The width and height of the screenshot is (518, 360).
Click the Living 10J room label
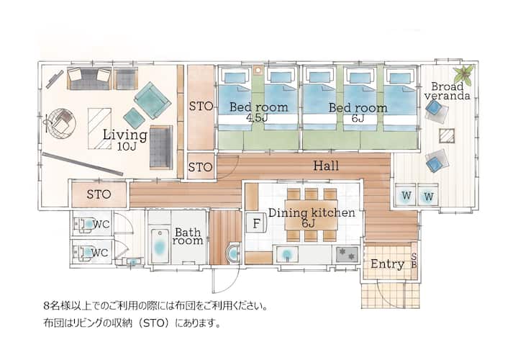(125, 140)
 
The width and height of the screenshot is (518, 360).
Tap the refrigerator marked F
(256, 223)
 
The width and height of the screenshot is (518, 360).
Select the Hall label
(326, 166)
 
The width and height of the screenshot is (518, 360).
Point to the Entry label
(387, 264)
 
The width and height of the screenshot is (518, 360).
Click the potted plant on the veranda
(464, 74)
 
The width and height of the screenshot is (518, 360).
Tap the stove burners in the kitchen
(347, 254)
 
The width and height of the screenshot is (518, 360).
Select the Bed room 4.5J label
(258, 112)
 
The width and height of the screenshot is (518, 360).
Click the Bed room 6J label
(358, 112)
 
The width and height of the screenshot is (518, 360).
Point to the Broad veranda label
(447, 91)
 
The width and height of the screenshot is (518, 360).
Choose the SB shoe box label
(414, 261)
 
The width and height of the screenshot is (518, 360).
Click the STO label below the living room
(99, 194)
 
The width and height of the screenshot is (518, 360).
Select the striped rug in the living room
(100, 128)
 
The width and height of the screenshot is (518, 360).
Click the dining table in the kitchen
(311, 215)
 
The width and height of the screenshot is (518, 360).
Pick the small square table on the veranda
(447, 136)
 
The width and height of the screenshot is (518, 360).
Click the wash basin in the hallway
(234, 253)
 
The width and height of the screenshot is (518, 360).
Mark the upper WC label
(101, 224)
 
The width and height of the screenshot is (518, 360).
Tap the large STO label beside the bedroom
(201, 107)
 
